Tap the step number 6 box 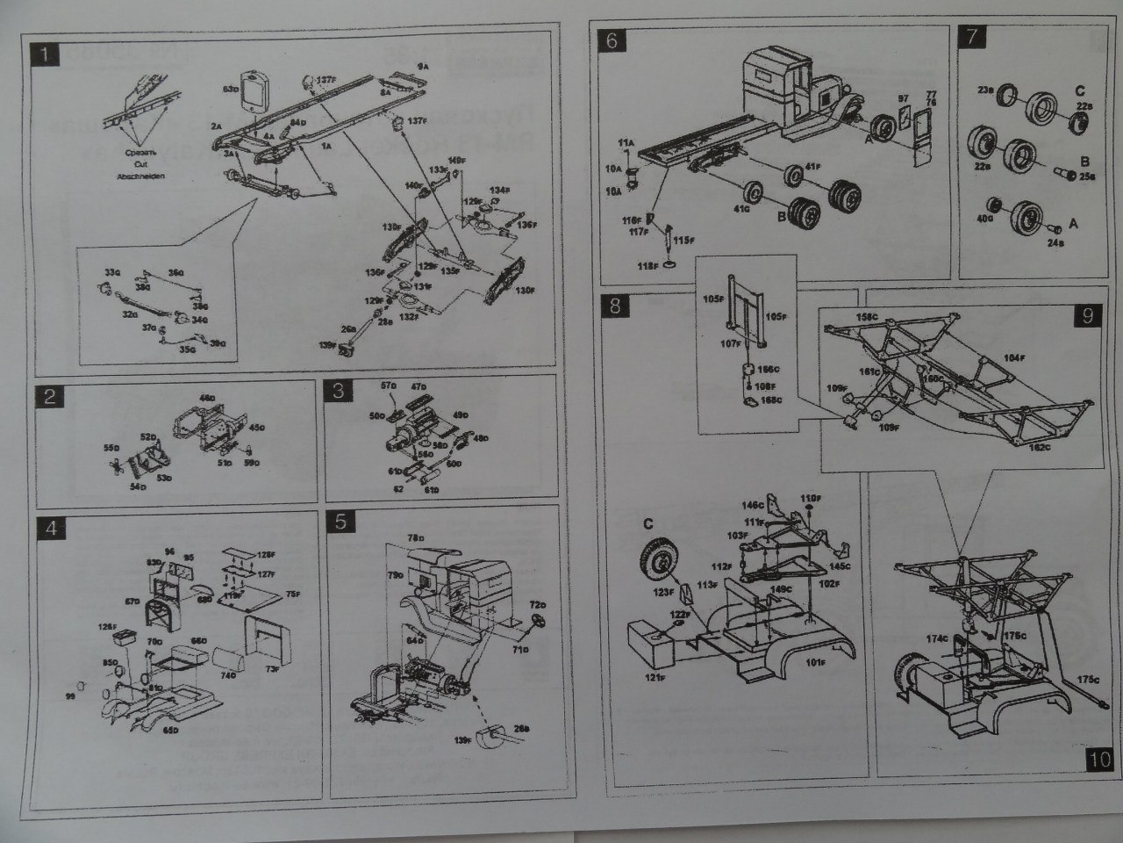pos(612,40)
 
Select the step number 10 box pos(1100,759)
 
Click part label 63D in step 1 pos(232,89)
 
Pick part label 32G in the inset pos(130,313)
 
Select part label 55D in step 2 pos(111,448)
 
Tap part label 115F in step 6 pos(683,240)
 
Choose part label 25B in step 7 pos(1086,177)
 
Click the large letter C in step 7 pos(1079,90)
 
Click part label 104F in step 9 pos(1014,359)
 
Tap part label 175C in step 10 pos(1087,680)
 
